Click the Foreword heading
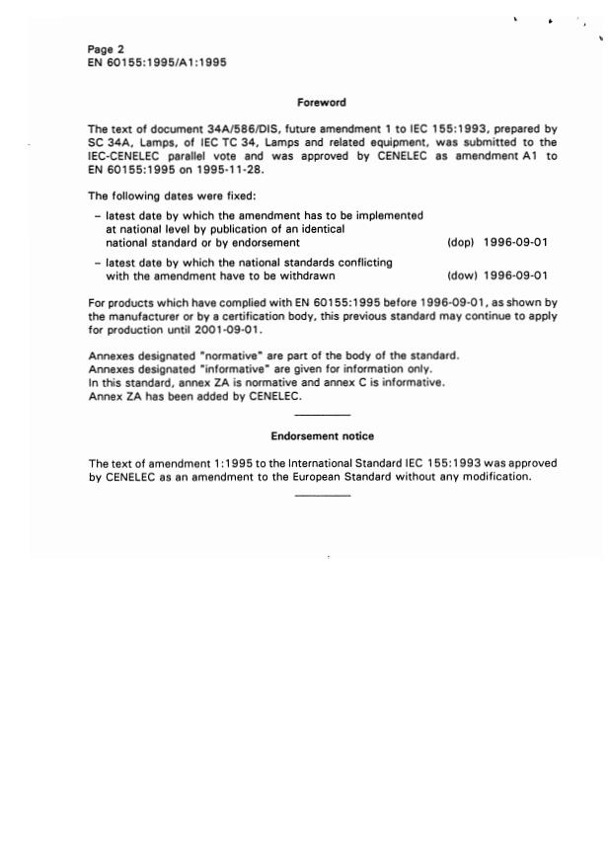[x=321, y=102]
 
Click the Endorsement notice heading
[x=322, y=435]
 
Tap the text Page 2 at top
[x=106, y=49]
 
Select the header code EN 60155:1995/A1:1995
[x=157, y=62]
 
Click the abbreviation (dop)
[x=461, y=242]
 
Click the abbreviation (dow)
[x=462, y=276]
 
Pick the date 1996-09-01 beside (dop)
[x=516, y=242]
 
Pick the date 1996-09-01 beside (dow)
[x=516, y=276]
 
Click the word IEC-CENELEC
[x=123, y=156]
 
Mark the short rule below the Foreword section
[x=322, y=416]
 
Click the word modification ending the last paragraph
[x=496, y=477]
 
